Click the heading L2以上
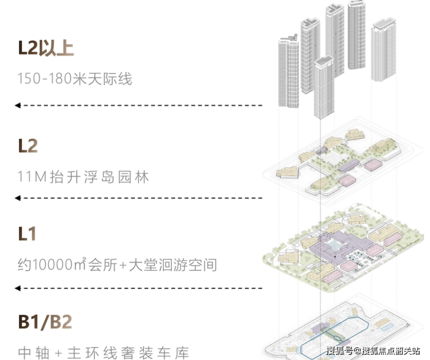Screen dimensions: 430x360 click(x=46, y=48)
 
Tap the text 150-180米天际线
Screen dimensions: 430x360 click(x=75, y=78)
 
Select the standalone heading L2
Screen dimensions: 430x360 click(x=28, y=146)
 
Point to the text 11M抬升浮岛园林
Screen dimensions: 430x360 click(x=83, y=177)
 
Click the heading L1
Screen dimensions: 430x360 click(x=27, y=233)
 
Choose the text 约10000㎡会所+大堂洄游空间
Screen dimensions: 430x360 click(x=117, y=264)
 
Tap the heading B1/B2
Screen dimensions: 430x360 click(x=45, y=322)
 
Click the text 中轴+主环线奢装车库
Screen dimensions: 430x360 click(x=103, y=352)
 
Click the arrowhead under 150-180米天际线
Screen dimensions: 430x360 click(x=17, y=105)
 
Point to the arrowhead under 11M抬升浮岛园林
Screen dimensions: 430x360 click(x=17, y=198)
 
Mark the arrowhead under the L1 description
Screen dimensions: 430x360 click(x=17, y=288)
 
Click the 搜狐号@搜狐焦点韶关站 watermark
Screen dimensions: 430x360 click(x=373, y=351)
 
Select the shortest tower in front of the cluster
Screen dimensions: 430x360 click(x=324, y=88)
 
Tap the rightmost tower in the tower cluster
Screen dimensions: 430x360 click(x=384, y=51)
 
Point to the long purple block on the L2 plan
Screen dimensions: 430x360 click(x=349, y=165)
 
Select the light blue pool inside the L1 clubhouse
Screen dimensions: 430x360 click(x=332, y=243)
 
